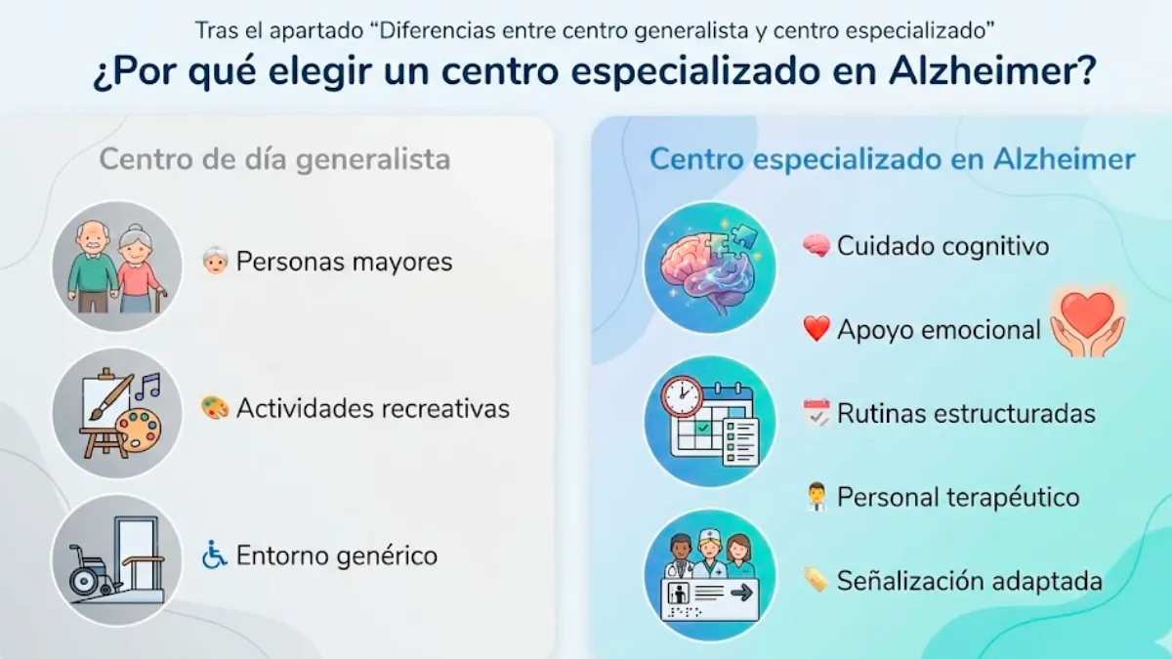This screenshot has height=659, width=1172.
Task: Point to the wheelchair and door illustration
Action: click(x=117, y=559)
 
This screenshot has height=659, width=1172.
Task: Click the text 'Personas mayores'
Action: click(x=344, y=262)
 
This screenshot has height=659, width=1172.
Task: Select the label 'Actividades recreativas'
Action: click(x=372, y=407)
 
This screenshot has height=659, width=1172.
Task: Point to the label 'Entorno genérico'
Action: click(x=336, y=556)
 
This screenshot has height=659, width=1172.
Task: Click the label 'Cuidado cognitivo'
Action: click(x=942, y=246)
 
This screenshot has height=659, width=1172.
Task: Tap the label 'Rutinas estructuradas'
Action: click(x=966, y=413)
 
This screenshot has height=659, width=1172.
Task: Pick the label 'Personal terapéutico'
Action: click(x=958, y=497)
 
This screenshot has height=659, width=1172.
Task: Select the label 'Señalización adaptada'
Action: click(x=969, y=581)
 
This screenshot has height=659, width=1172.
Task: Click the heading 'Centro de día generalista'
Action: click(x=274, y=159)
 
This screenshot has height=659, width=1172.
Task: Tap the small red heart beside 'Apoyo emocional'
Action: click(x=816, y=330)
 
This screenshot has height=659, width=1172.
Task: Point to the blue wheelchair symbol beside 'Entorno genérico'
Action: click(x=214, y=556)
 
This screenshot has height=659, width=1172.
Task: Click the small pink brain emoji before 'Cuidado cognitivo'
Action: click(x=816, y=246)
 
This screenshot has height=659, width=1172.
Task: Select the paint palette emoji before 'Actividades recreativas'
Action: click(x=214, y=407)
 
